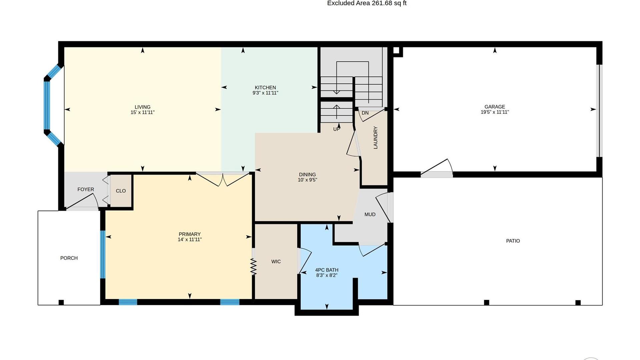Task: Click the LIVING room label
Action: (x=142, y=107)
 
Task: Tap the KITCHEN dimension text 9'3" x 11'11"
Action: (x=265, y=93)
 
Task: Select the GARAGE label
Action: (x=495, y=107)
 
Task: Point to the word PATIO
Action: (x=513, y=241)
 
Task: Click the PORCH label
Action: (x=69, y=258)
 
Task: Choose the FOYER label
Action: (x=86, y=189)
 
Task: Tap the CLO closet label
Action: (x=121, y=191)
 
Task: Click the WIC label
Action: (x=276, y=262)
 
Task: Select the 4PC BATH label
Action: (x=327, y=270)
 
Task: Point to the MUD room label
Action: (x=370, y=214)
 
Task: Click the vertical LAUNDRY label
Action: (x=376, y=138)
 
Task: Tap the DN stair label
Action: (x=365, y=113)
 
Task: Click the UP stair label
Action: (x=336, y=129)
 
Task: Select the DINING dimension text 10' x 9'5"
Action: (x=307, y=180)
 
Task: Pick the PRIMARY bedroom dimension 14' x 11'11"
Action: (x=190, y=239)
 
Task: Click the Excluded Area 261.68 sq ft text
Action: (x=367, y=3)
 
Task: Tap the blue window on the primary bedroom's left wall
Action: (x=103, y=254)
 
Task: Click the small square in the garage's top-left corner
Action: (x=396, y=50)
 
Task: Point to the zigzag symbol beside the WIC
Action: (x=253, y=267)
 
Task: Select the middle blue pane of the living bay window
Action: (x=47, y=105)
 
